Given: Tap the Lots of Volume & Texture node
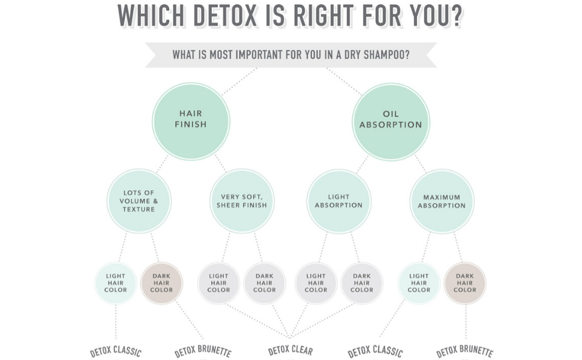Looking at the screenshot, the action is point(139,201).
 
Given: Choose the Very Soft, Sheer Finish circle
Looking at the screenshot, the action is point(242,201).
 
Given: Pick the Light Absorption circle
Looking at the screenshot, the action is point(338,201).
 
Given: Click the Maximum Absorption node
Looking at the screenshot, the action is point(442,201).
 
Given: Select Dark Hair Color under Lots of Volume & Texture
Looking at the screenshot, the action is point(161,283).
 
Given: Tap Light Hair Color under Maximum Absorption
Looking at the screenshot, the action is point(419,283).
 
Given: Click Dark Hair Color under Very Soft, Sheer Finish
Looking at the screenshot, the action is point(265,283).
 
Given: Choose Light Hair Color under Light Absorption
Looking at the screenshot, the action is point(316,283).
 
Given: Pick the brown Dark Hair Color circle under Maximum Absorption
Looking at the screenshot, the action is point(465,283).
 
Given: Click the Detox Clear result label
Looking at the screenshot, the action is point(290,350).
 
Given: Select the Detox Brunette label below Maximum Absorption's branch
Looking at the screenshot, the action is point(464,352).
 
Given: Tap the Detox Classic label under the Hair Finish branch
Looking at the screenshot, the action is point(116,352).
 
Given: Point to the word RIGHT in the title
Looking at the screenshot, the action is point(325,16).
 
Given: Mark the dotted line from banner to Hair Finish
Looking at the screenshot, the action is point(239,82).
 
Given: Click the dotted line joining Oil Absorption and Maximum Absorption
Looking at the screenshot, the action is point(421,164).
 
